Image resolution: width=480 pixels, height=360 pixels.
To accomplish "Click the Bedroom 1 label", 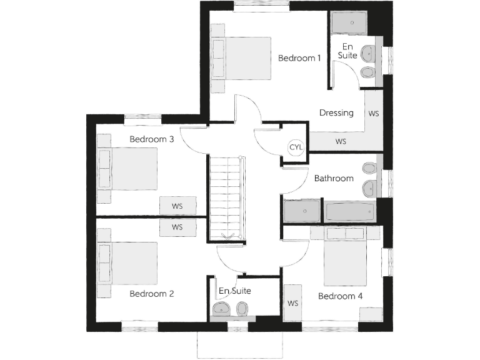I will tap(299, 58).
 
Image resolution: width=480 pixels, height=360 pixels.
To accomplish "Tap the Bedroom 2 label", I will tap(152, 294).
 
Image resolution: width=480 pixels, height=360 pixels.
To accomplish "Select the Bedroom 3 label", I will tap(152, 139).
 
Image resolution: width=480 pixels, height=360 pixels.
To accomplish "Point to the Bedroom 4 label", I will tap(341, 296).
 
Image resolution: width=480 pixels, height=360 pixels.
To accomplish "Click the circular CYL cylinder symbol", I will tap(296, 147).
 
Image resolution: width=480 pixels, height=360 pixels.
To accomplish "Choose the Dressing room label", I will tap(336, 113).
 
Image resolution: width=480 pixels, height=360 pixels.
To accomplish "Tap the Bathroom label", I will tap(334, 178).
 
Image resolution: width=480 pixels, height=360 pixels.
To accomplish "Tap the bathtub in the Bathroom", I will tap(351, 212).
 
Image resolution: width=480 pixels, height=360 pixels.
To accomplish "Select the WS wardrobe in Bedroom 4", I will tap(292, 303).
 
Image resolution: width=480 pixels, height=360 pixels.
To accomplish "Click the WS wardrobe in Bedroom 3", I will tap(177, 205).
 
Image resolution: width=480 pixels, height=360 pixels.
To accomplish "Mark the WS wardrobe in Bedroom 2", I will tap(177, 227).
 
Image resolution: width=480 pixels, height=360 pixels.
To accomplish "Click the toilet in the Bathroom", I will tap(369, 168).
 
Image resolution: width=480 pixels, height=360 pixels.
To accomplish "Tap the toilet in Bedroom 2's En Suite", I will tap(242, 307).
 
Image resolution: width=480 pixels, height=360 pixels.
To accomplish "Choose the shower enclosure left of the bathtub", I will tap(302, 211).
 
